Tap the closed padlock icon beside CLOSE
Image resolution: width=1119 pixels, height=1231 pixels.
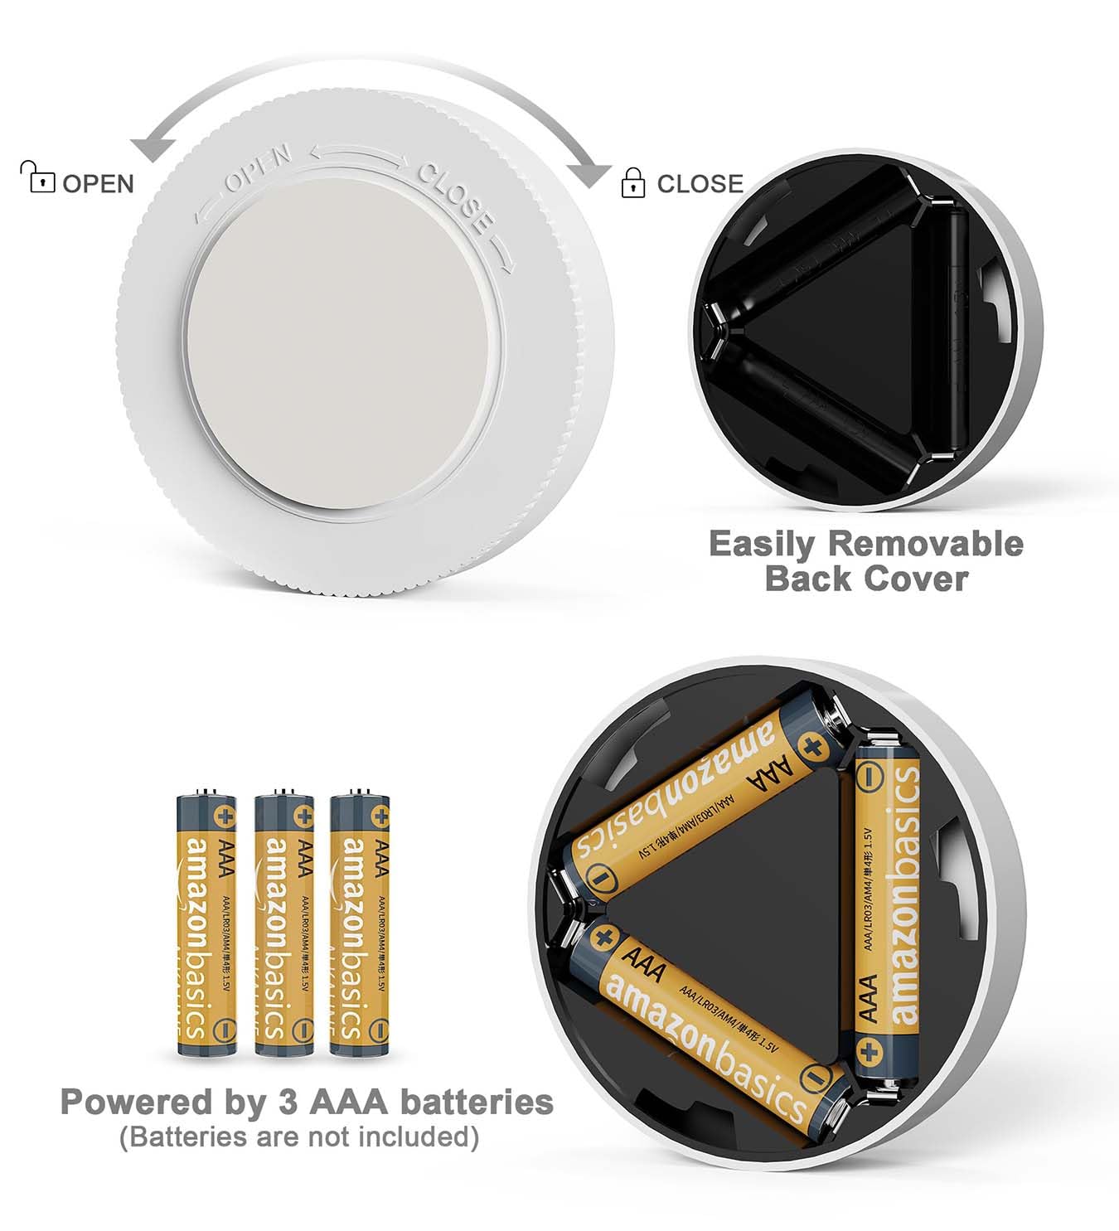[x=632, y=182]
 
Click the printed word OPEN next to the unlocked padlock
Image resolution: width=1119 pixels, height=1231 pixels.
[x=98, y=183]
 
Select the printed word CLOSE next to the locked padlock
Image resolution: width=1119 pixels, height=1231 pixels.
[x=700, y=183]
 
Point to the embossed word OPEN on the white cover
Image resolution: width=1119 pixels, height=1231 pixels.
[x=258, y=168]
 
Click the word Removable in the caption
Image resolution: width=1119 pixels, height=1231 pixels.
[x=925, y=544]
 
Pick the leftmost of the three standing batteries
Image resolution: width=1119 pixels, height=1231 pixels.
[x=206, y=923]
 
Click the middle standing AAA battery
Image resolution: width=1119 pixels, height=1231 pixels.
[x=283, y=923]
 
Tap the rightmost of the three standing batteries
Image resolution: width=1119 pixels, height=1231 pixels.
[x=360, y=923]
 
